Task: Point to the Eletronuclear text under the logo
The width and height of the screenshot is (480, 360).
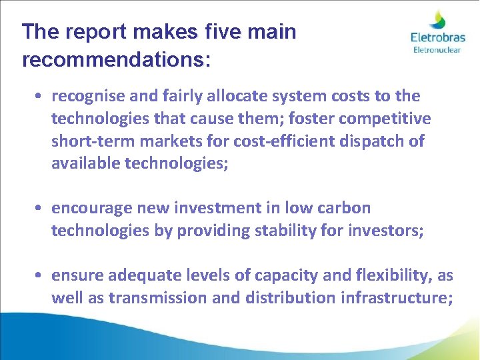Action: pyautogui.click(x=436, y=50)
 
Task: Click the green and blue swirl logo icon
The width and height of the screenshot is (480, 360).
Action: pyautogui.click(x=438, y=19)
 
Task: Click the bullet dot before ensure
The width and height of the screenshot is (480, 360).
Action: pyautogui.click(x=41, y=275)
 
